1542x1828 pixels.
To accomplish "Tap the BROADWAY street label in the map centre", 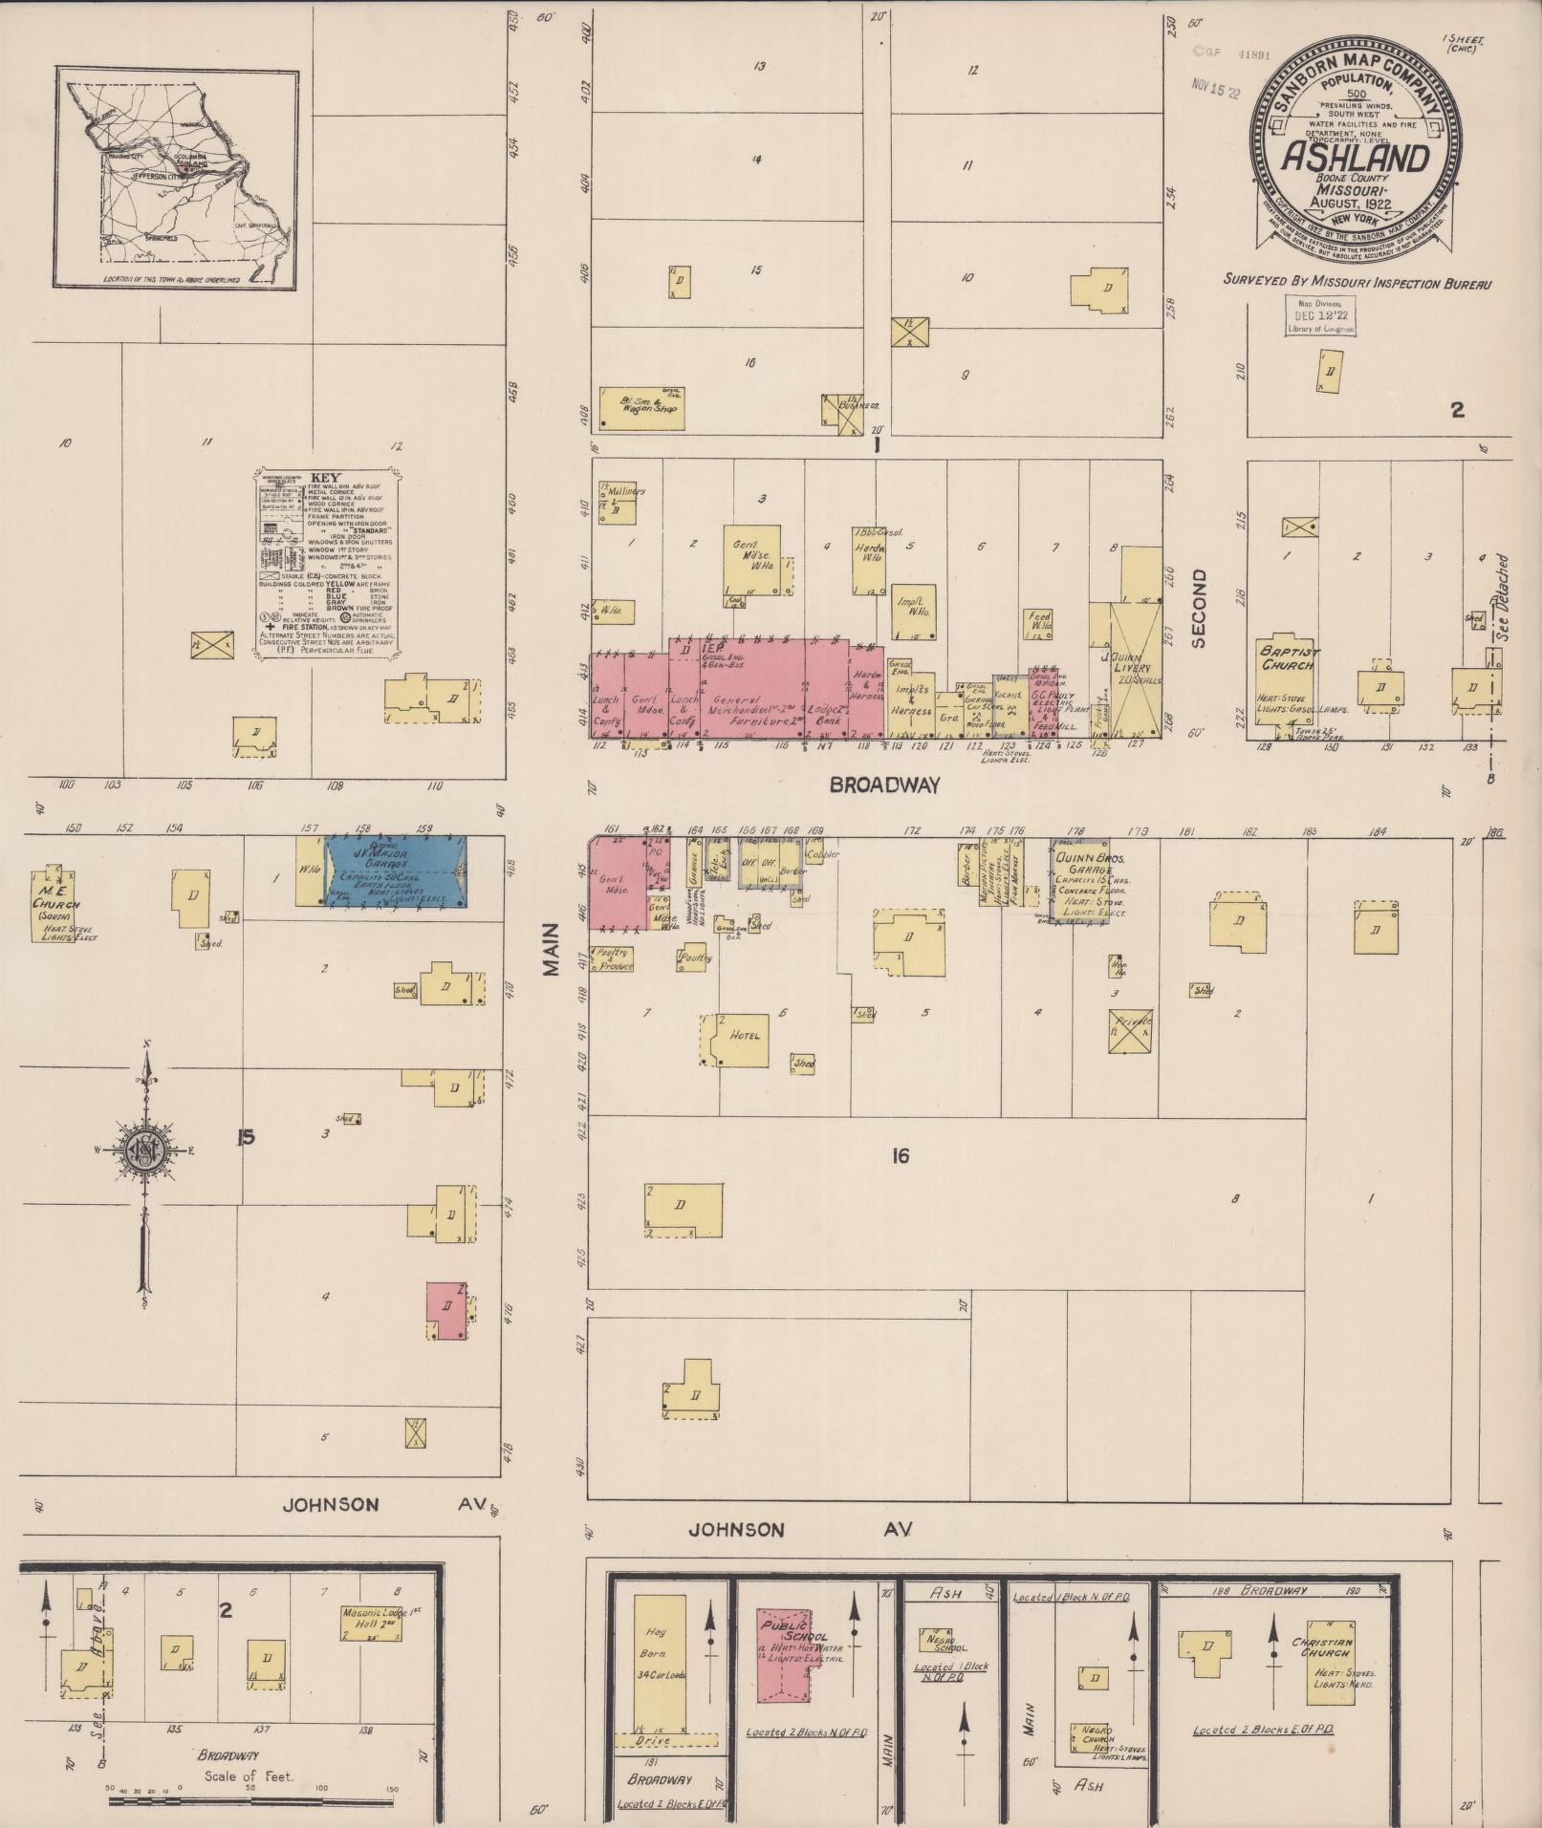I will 884,785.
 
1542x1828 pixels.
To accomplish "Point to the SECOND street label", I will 1199,609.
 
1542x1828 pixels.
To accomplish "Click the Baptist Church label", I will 1289,658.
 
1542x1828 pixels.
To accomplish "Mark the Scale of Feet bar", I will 250,1801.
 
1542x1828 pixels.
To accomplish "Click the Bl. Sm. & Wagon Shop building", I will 642,407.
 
